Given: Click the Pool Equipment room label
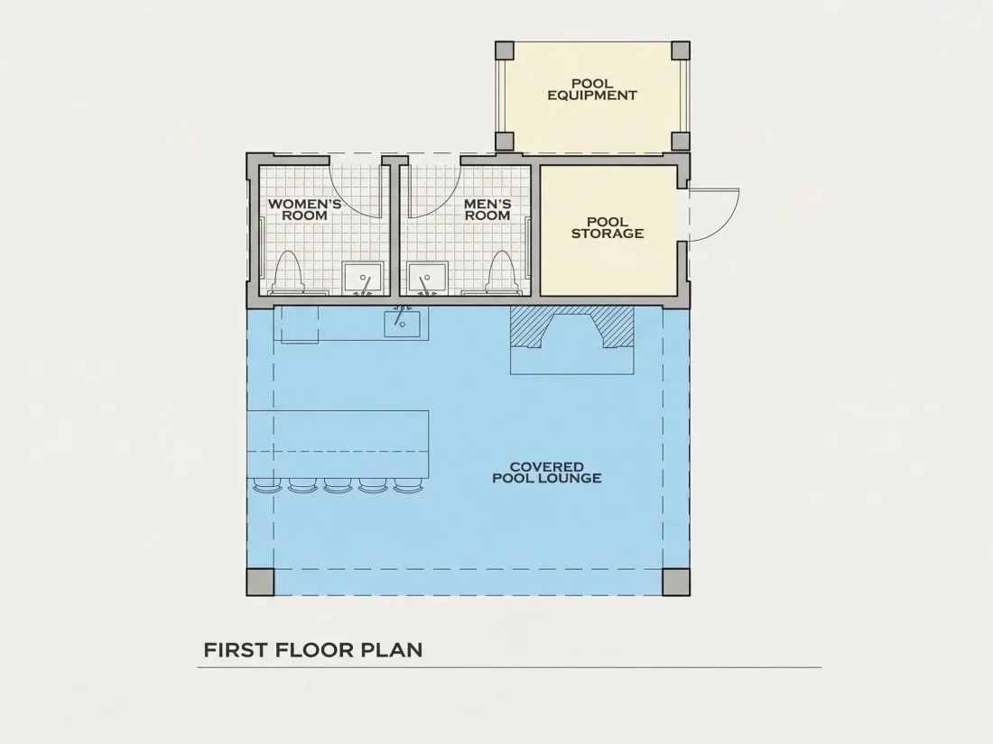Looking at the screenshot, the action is (x=592, y=89).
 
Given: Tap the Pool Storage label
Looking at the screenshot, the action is (x=608, y=228).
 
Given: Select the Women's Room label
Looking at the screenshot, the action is (x=304, y=209).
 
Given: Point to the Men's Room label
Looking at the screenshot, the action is (x=487, y=209).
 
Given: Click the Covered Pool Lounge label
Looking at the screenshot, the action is (x=546, y=473).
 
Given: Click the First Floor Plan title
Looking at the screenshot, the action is (x=313, y=649).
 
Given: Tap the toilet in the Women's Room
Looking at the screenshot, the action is (x=287, y=272).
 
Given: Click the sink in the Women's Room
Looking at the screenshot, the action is (x=363, y=279).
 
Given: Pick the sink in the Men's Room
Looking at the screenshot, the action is (x=428, y=279).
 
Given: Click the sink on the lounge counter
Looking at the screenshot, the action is (x=402, y=322).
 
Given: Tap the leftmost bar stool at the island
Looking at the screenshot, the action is (x=267, y=486).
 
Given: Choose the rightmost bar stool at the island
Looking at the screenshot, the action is (x=408, y=486).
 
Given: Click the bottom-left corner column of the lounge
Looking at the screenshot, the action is (x=260, y=582).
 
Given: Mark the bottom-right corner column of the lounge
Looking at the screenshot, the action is (x=676, y=582).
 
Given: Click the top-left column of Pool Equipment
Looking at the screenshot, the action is (x=505, y=51).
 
